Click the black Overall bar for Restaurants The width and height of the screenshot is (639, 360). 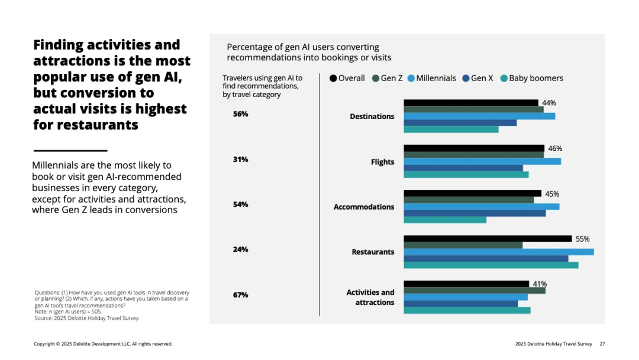coord(488,239)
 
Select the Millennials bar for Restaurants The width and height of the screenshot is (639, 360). coord(498,252)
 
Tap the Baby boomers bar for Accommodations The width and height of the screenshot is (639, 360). coord(445,220)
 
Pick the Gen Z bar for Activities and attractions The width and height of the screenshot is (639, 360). coord(475,290)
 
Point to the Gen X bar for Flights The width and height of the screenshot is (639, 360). coord(463,168)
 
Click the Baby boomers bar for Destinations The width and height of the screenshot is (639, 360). coord(451,129)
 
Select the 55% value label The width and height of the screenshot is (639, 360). coord(582,239)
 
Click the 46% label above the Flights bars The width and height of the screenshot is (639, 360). coord(555,148)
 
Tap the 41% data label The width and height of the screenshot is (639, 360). coord(540,284)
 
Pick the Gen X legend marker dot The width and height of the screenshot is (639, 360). coord(466,78)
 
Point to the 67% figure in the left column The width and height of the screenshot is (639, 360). coord(240,295)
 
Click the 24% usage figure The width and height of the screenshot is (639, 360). coord(240,249)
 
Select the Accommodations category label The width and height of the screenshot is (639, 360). coord(364,207)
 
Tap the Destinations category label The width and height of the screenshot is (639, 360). coord(372,116)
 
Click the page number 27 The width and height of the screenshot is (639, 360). coord(602,343)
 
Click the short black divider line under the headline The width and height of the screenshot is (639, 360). coord(70,150)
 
